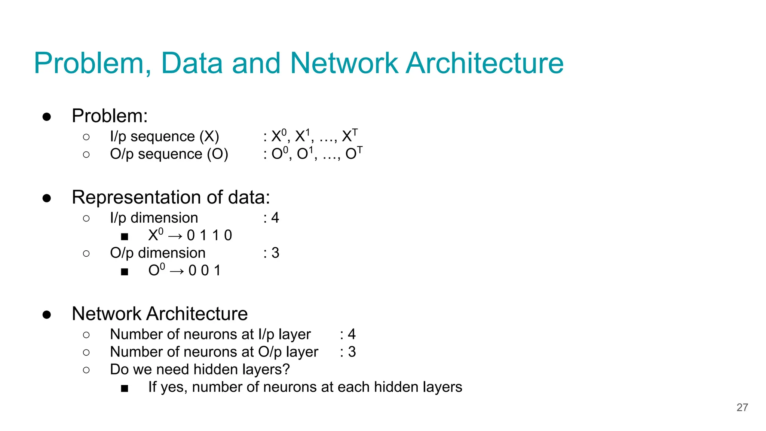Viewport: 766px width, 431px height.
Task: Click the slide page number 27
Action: tap(742, 407)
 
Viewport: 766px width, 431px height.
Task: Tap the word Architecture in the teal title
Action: tap(484, 63)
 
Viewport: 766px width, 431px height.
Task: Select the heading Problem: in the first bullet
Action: tap(110, 116)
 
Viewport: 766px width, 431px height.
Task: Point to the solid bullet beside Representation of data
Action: tap(47, 198)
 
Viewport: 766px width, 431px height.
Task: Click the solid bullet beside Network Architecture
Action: tap(47, 314)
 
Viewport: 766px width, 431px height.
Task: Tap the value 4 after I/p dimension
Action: tap(275, 218)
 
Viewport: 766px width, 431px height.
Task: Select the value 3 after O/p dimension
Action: tap(275, 253)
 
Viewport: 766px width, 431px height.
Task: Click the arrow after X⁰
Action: tap(175, 236)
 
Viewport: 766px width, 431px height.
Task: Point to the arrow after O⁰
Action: tap(177, 271)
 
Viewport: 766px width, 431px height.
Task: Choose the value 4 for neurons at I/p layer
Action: tap(352, 334)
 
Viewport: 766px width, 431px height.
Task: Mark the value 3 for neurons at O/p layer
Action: tap(352, 352)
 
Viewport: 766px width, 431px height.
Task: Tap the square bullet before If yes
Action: tap(125, 388)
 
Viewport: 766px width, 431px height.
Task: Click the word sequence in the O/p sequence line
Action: tap(170, 154)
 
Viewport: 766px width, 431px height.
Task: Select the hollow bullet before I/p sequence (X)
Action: tap(86, 137)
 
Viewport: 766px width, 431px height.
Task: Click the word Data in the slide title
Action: tap(192, 63)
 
